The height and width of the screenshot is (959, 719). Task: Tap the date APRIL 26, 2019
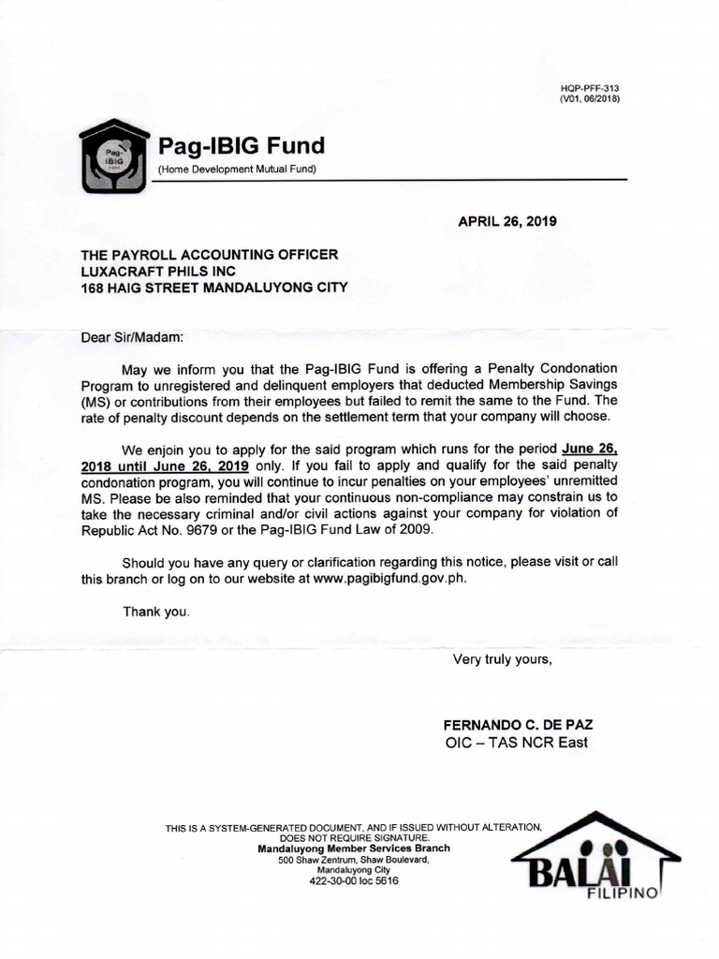click(506, 222)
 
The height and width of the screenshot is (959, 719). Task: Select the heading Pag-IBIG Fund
click(242, 146)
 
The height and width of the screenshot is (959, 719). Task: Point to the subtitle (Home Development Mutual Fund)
click(237, 169)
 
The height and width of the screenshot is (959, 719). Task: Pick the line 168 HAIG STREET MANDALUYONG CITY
click(214, 288)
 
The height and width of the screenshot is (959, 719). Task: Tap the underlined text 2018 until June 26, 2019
click(165, 464)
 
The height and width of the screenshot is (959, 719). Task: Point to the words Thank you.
click(156, 612)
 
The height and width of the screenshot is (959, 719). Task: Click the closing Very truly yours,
click(503, 659)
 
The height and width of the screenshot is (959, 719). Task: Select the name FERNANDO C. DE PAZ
click(517, 726)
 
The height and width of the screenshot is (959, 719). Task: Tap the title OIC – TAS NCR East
click(516, 744)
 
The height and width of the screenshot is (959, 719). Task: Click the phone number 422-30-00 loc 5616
click(353, 881)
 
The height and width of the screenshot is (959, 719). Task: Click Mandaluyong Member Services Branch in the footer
click(353, 848)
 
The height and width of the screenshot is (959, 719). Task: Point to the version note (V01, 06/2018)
click(590, 98)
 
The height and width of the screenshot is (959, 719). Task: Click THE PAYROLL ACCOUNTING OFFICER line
click(210, 254)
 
